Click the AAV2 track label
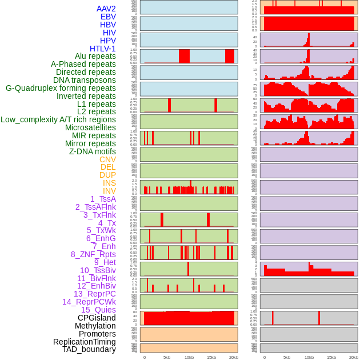tap(106, 9)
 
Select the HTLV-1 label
tap(102, 49)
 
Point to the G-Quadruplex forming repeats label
tap(61, 88)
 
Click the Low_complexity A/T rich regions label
tap(58, 119)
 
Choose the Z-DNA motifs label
tap(92, 151)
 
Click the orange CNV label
tap(107, 159)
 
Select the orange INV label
tap(109, 191)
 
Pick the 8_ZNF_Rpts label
tap(93, 254)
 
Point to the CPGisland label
tap(97, 318)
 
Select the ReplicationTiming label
tap(85, 342)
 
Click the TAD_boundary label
tap(89, 349)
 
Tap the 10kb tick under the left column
tap(189, 357)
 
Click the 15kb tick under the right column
tap(331, 357)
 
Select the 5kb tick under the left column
tap(167, 357)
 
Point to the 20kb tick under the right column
tap(353, 357)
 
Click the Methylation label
tap(95, 326)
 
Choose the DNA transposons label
tap(85, 80)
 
